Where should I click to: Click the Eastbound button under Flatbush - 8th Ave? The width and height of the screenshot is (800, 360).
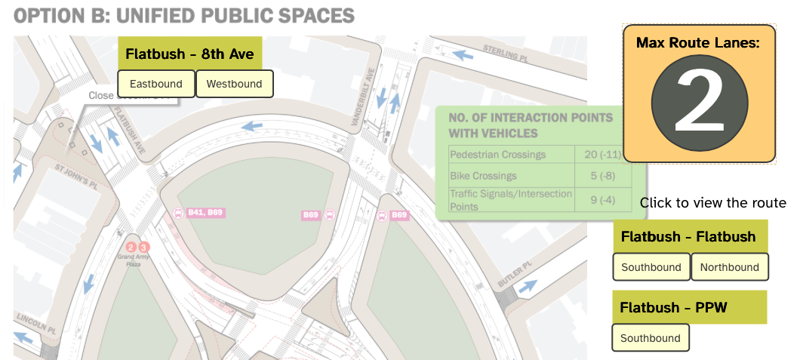point(156,84)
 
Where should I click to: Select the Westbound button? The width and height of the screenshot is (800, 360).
point(234,84)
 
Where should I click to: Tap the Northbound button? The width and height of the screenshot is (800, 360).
point(729,267)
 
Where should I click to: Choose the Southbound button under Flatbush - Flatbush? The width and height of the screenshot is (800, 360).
point(651,267)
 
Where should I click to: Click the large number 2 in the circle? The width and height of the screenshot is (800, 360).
point(699,104)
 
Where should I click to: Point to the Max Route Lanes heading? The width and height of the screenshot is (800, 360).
point(698,43)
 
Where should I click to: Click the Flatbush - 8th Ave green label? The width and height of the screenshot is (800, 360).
point(189,54)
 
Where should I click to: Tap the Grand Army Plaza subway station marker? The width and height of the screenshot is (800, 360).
point(137,248)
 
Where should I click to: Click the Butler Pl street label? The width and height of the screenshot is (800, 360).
point(515,274)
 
